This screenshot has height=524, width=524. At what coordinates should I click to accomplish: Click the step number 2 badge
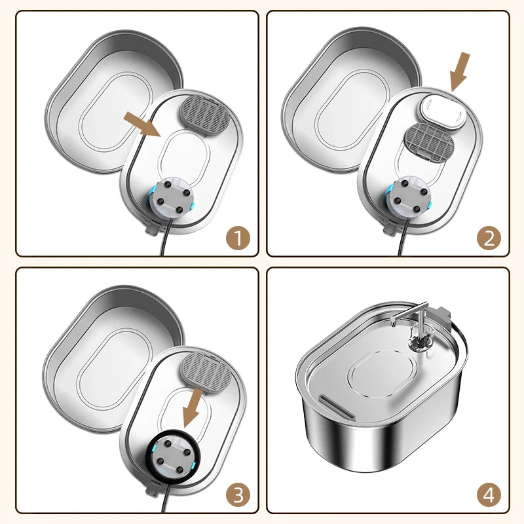tap(488, 238)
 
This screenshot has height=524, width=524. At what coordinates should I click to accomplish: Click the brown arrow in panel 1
tap(143, 124)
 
